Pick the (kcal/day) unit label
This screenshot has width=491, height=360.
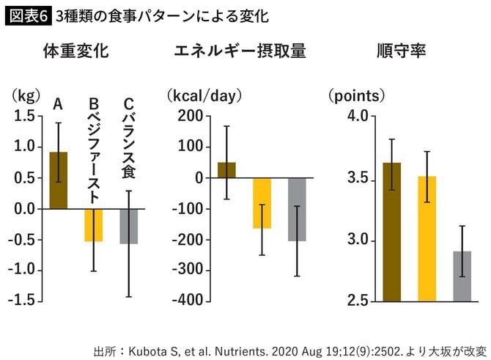204,95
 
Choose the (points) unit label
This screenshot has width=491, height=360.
356,95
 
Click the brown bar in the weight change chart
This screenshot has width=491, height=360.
59,180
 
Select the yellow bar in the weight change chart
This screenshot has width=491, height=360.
94,225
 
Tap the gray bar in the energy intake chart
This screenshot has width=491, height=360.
297,210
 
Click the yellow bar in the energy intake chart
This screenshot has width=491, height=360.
262,203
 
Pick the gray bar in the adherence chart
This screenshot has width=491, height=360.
462,276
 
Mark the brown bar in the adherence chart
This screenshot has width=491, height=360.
392,232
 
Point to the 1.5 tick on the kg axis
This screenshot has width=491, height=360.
23,116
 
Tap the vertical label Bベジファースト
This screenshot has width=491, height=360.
94,150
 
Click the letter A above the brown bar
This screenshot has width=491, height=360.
59,105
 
